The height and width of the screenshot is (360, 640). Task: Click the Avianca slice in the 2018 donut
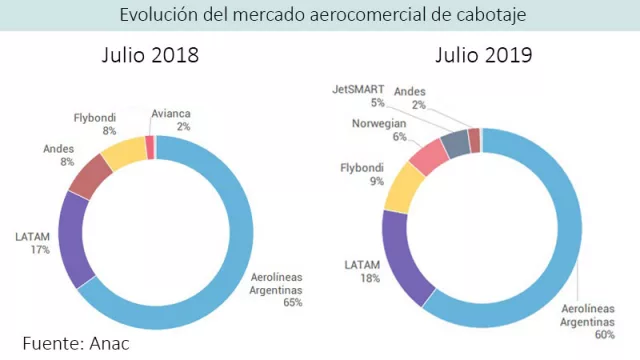pyautogui.click(x=150, y=147)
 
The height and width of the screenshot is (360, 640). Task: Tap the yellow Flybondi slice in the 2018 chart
pyautogui.click(x=124, y=152)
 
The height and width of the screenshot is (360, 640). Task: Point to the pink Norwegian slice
pyautogui.click(x=430, y=157)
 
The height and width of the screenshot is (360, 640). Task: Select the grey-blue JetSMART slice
pyautogui.click(x=456, y=144)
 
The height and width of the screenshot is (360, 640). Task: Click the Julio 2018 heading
pyautogui.click(x=150, y=56)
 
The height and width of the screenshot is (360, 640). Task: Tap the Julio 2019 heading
pyautogui.click(x=483, y=56)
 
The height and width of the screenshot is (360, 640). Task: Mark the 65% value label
pyautogui.click(x=292, y=301)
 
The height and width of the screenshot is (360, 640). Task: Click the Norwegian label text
pyautogui.click(x=378, y=124)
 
